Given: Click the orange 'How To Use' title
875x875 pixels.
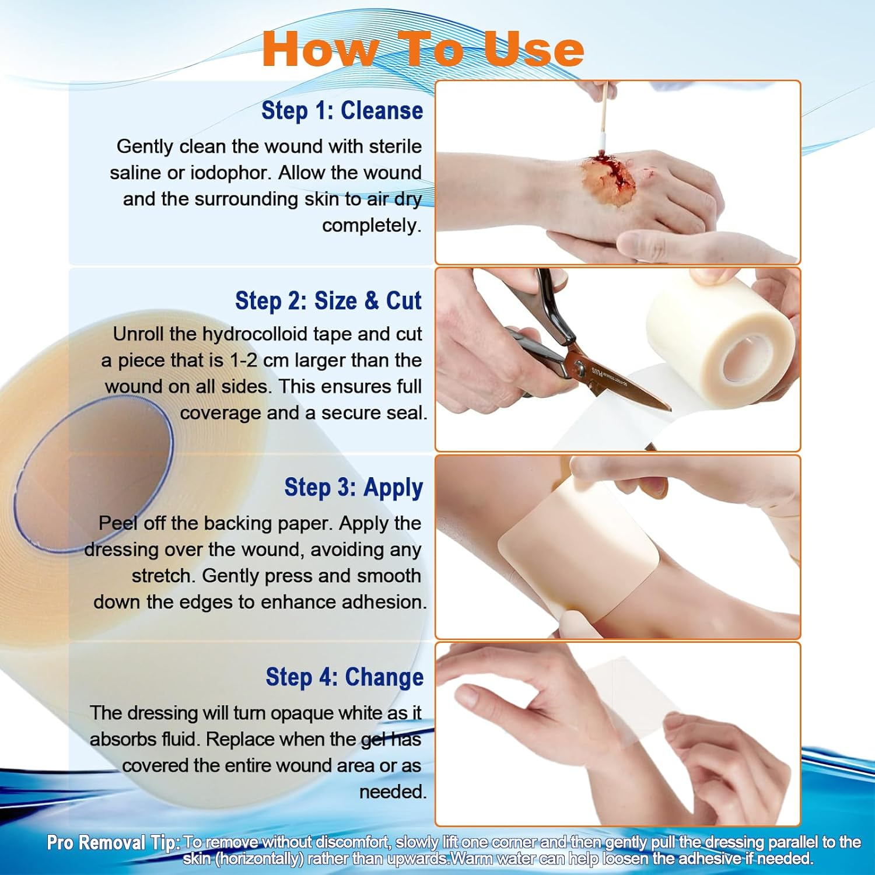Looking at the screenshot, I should click(422, 50).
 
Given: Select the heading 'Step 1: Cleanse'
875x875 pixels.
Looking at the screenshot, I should click(342, 110).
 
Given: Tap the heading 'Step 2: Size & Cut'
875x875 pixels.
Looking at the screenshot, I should click(328, 301).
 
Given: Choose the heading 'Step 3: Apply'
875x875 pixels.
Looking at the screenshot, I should click(353, 488).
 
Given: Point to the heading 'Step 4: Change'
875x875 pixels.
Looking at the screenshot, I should click(344, 677).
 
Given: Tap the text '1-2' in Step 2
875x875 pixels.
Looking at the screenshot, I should click(243, 360).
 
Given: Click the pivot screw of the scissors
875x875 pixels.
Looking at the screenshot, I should click(579, 366).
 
